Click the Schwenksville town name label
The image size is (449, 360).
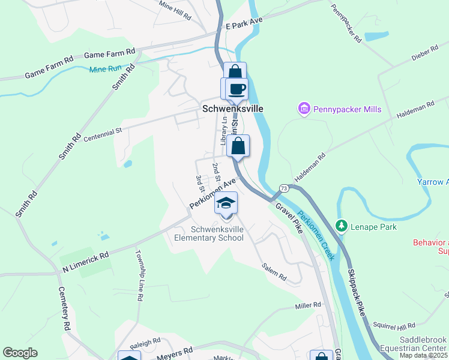[232, 109]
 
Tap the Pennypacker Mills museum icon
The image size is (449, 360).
[304, 109]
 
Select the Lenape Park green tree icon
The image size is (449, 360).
[342, 226]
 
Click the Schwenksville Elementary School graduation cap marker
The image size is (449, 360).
[226, 203]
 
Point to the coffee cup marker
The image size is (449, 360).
[237, 89]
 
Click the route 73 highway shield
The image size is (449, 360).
[284, 188]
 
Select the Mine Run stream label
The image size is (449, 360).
[105, 69]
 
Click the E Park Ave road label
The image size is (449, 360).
[244, 23]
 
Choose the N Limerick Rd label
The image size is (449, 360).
[86, 263]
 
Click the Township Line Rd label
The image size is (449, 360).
[139, 275]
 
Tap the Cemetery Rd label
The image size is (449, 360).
[62, 308]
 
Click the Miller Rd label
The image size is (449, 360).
[308, 305]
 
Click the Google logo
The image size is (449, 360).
[20, 353]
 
